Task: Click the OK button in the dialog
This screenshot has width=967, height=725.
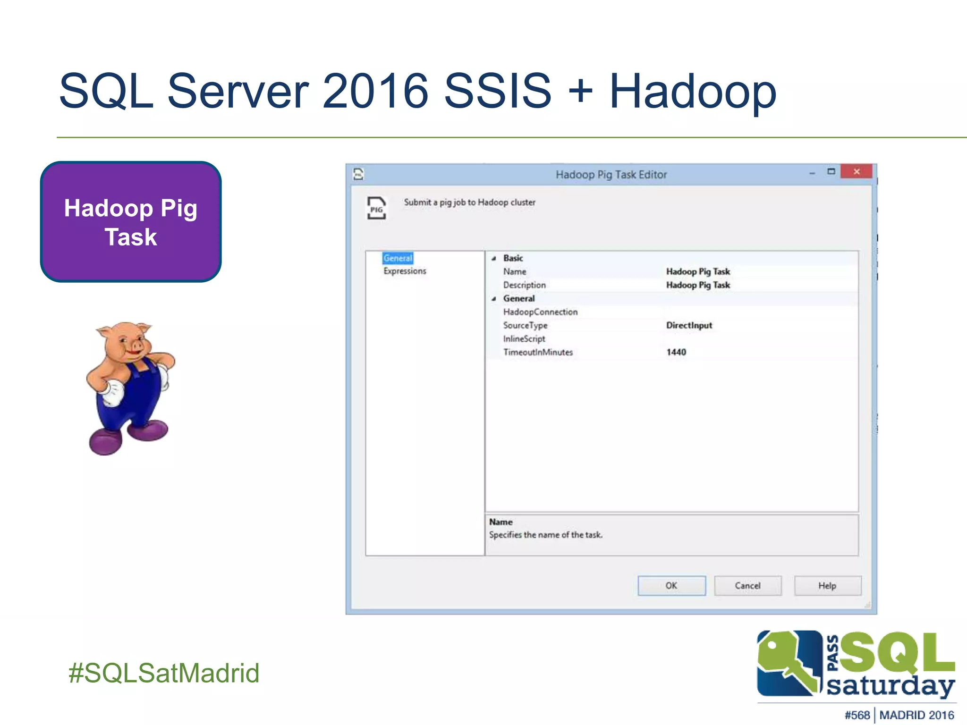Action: [x=671, y=586]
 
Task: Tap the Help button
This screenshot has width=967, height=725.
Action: [x=827, y=586]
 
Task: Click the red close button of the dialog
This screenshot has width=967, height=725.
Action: [x=857, y=172]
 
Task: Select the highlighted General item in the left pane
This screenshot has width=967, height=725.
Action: [x=398, y=258]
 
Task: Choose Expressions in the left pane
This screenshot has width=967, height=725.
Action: [x=405, y=271]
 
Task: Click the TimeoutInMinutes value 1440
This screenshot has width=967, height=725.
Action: [x=676, y=352]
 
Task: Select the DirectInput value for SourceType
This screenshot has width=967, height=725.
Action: [x=689, y=325]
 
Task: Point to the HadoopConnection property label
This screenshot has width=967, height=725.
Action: [x=540, y=312]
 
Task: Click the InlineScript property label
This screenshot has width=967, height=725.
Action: [x=524, y=339]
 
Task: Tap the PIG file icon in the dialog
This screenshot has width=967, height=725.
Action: [x=376, y=208]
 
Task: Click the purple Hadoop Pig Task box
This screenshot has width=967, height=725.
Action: [x=131, y=222]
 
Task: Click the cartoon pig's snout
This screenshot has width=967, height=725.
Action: [x=136, y=346]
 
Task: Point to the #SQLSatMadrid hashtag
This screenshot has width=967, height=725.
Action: [x=164, y=673]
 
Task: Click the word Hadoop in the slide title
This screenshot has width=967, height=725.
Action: [x=693, y=91]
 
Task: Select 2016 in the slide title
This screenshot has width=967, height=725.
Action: [x=375, y=91]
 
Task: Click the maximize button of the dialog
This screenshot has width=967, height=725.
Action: [x=831, y=172]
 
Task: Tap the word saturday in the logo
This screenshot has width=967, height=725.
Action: [x=891, y=686]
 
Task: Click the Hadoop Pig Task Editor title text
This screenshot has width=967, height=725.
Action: [x=611, y=175]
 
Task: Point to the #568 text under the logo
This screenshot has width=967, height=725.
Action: [x=857, y=715]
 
